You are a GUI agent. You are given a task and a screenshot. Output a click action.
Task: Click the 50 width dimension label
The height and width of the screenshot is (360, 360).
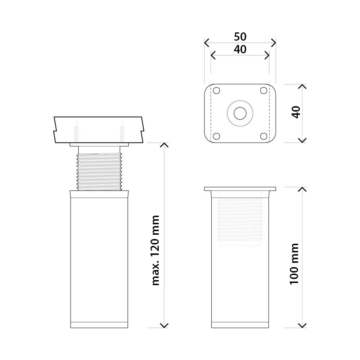pyautogui.click(x=240, y=37)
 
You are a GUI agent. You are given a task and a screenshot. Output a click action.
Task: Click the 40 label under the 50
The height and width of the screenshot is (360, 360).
pyautogui.click(x=240, y=49)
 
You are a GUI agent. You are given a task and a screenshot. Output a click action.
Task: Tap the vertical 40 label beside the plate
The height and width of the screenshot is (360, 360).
pyautogui.click(x=296, y=112)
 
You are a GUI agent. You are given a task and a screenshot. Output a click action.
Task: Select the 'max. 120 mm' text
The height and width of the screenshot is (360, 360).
pyautogui.click(x=156, y=250)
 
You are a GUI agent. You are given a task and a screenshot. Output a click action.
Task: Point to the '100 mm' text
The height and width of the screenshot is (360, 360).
pyautogui.click(x=294, y=264)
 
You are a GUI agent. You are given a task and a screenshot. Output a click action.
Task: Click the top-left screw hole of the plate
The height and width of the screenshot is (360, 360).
pyautogui.click(x=216, y=91)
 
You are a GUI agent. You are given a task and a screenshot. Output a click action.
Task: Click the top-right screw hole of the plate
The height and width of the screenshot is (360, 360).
pyautogui.click(x=264, y=91)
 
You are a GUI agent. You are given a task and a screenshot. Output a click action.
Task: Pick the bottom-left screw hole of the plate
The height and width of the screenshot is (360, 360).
pyautogui.click(x=216, y=136)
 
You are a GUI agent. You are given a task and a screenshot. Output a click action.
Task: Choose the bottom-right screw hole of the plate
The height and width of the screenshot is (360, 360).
pyautogui.click(x=264, y=136)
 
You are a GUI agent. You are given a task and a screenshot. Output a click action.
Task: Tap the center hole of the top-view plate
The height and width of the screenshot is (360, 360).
pyautogui.click(x=240, y=113)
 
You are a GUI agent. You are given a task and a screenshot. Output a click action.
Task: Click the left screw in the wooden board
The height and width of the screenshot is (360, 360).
pyautogui.click(x=77, y=131)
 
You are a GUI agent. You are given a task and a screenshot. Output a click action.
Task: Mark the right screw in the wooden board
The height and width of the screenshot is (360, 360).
pyautogui.click(x=122, y=131)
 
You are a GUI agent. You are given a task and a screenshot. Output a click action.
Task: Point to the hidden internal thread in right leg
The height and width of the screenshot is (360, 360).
pyautogui.click(x=240, y=220)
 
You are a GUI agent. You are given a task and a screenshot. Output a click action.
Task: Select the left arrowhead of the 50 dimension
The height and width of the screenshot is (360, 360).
pyautogui.click(x=206, y=43)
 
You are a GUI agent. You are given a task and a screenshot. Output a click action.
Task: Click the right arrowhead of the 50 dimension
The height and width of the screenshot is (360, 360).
pyautogui.click(x=274, y=43)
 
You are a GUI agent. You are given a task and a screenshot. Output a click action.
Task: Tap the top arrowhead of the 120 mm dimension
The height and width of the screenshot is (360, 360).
pyautogui.click(x=164, y=145)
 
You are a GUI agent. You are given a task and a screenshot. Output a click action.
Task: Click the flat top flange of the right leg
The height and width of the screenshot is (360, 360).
pyautogui.click(x=240, y=189)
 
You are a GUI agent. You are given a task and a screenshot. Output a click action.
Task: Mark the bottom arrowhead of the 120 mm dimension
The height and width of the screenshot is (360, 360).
pyautogui.click(x=164, y=325)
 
